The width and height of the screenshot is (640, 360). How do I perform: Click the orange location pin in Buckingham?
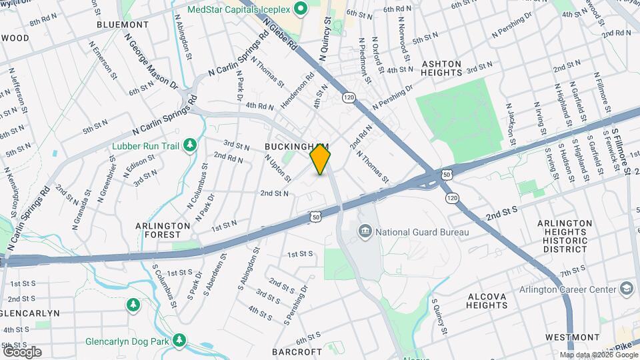[x=321, y=159]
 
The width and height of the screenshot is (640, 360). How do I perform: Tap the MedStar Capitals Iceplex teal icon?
[x=300, y=9]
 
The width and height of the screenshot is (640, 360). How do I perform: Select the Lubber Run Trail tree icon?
[x=191, y=144]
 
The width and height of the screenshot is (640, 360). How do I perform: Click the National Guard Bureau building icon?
[x=365, y=232]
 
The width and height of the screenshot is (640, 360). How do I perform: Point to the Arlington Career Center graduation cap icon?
[x=626, y=288]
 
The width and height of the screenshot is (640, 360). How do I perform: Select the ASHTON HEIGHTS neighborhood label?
[x=442, y=69]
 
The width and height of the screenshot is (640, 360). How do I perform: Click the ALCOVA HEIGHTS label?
[x=487, y=301]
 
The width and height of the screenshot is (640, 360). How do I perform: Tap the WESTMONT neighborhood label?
[x=572, y=337]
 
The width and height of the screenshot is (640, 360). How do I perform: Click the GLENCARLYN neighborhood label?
[x=30, y=313]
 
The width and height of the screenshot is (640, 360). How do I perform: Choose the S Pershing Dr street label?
[x=296, y=305]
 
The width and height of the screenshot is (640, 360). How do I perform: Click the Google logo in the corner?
[x=22, y=351]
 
